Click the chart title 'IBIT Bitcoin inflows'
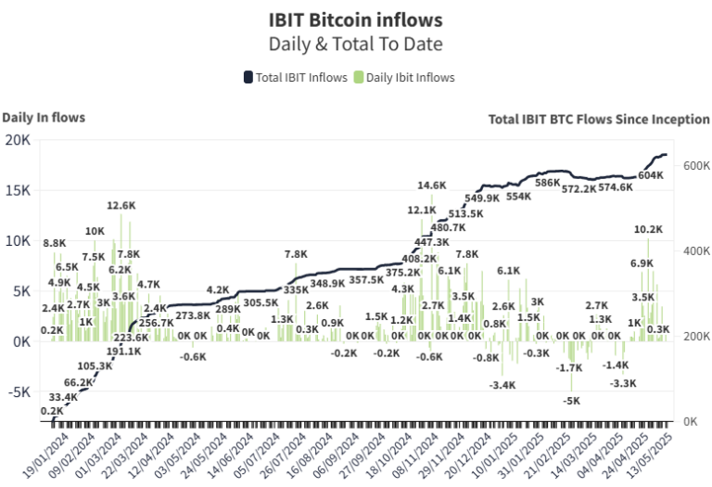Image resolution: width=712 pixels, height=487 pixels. pos(355,19)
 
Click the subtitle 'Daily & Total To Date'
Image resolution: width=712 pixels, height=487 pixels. pos(355,44)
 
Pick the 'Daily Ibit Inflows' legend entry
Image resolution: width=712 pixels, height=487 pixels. pos(405,77)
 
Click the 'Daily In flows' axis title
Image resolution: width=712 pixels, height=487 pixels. pos(44,117)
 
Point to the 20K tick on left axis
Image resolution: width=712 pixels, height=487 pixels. pos(18,140)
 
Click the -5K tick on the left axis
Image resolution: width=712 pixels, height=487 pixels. pos(19,391)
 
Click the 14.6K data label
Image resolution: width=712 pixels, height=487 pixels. pos(432,186)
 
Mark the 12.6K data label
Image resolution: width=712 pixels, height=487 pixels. pos(121,206)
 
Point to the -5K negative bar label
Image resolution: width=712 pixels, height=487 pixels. pos(571,401)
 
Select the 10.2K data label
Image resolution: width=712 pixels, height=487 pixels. pos(648,229)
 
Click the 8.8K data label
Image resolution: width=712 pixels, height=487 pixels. pos(54,243)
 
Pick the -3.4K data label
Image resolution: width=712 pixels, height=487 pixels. pos(502,385)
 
